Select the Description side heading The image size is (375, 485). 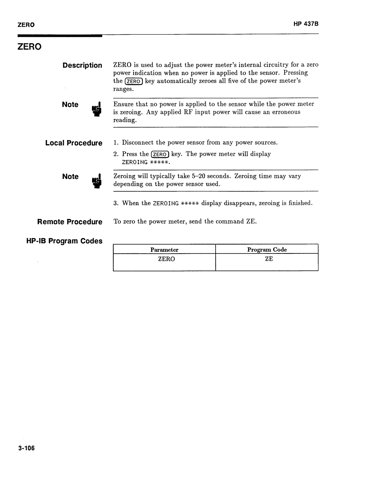82,65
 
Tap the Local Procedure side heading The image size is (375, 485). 74,143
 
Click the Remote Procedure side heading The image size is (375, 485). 70,222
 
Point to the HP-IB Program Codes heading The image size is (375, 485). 65,241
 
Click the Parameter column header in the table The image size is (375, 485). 164,250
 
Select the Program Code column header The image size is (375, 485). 267,250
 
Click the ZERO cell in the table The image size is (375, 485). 166,259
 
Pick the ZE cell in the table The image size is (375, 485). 269,259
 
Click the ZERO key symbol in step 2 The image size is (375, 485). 160,154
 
